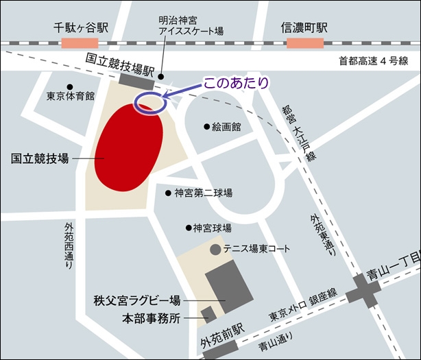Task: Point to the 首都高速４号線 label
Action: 373,61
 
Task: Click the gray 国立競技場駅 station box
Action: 136,80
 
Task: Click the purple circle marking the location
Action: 150,102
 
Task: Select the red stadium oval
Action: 129,146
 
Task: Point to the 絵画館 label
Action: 227,127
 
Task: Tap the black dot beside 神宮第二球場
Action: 167,193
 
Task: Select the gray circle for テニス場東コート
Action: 215,249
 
